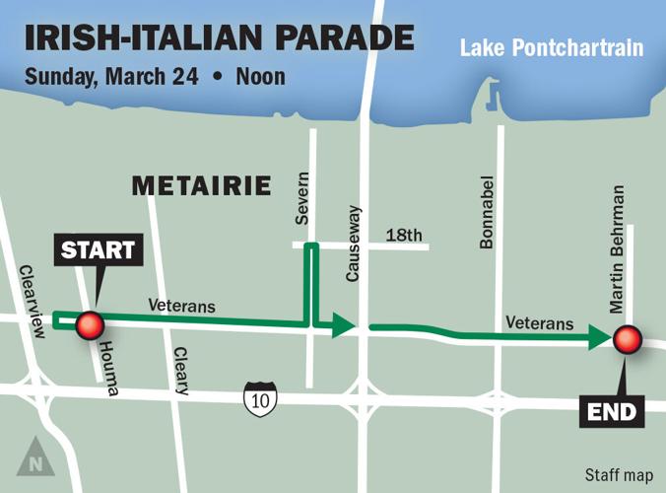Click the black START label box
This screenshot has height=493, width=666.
[97, 249]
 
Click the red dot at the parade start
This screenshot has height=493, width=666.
[91, 324]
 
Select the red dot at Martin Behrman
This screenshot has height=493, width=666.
[628, 340]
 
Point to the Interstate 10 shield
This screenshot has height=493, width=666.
[261, 398]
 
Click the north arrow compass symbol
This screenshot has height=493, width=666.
[35, 457]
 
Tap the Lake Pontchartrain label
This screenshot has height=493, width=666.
[552, 47]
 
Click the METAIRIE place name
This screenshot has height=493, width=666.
[201, 185]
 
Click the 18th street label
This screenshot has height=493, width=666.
[403, 235]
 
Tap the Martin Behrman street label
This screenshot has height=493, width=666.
[618, 248]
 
